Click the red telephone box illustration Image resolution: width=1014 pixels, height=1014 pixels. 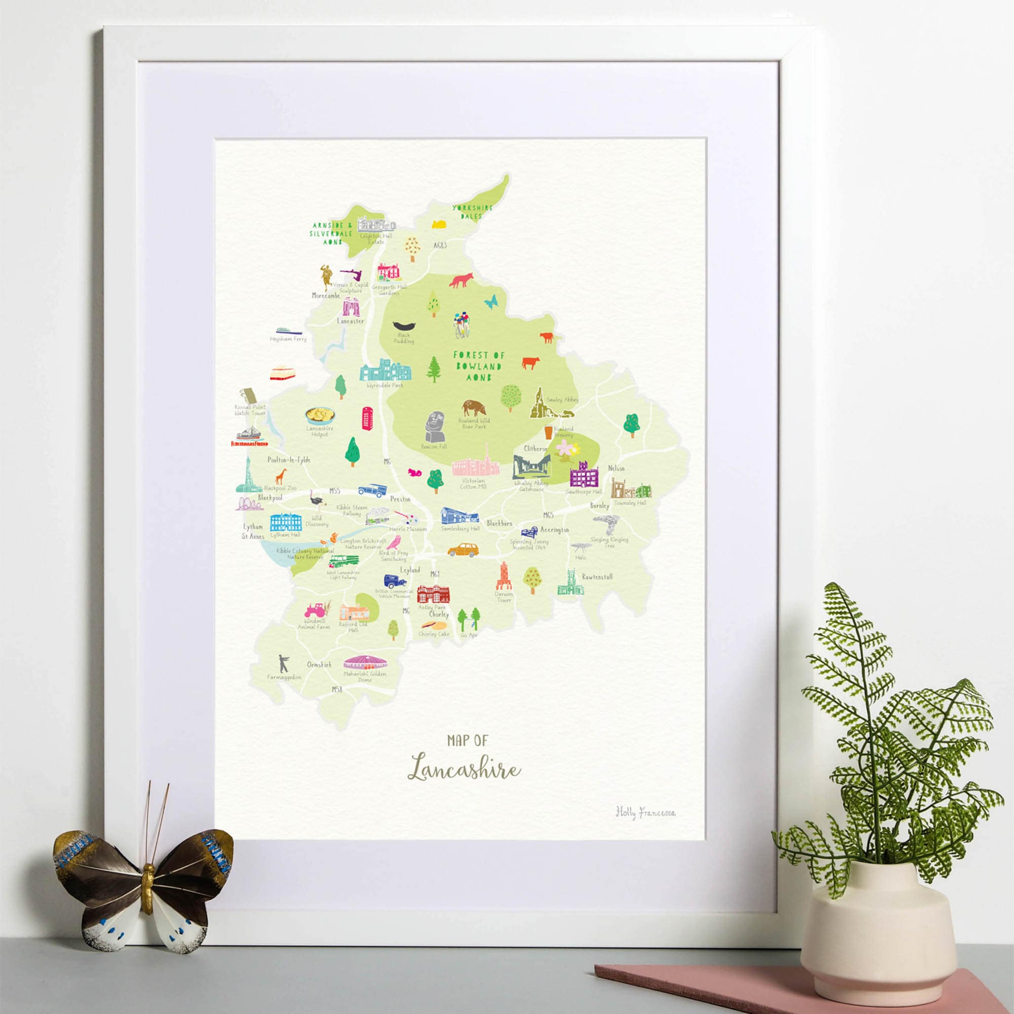coord(367,418)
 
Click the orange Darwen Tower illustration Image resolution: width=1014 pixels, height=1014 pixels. coord(503,576)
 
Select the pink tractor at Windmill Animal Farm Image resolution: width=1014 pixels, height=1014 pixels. coord(315,609)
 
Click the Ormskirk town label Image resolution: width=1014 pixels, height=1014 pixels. coord(319,665)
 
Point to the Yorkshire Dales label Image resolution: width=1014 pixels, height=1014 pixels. coord(473,211)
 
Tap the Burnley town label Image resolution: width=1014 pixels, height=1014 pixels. coord(599,506)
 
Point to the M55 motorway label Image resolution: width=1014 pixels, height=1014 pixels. coord(335,491)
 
